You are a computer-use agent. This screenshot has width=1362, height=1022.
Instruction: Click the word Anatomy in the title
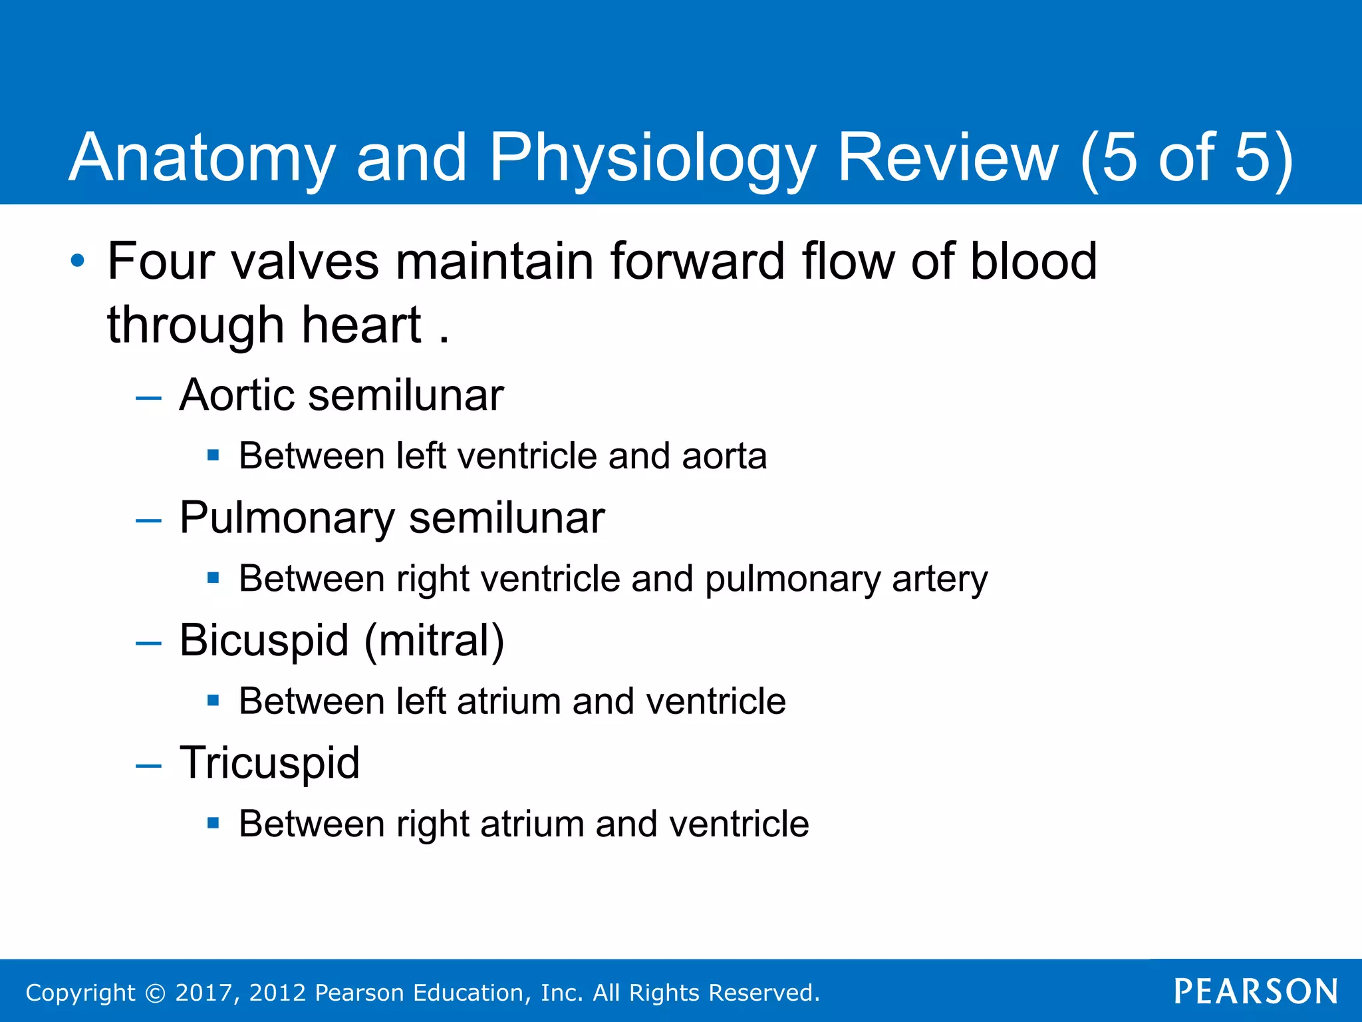pyautogui.click(x=202, y=158)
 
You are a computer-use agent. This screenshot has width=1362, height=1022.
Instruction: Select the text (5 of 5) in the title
pyautogui.click(x=1186, y=158)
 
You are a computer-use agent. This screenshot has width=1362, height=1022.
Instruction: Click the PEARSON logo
pyautogui.click(x=1256, y=991)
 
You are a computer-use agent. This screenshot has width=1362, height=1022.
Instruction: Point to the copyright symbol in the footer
pyautogui.click(x=155, y=993)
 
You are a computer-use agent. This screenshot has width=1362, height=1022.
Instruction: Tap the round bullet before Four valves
pyautogui.click(x=78, y=260)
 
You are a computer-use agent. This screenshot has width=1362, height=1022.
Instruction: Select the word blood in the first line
pyautogui.click(x=1033, y=261)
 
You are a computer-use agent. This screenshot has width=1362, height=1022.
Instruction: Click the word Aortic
pyautogui.click(x=236, y=395)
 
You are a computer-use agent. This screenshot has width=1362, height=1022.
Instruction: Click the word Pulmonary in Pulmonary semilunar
pyautogui.click(x=287, y=518)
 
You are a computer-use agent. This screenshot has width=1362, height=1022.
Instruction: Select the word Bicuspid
pyautogui.click(x=264, y=640)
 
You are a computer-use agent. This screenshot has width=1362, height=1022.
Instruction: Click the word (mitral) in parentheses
pyautogui.click(x=434, y=640)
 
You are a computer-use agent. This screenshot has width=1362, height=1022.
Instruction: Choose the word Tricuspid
pyautogui.click(x=269, y=763)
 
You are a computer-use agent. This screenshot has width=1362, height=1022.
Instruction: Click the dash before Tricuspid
pyautogui.click(x=148, y=766)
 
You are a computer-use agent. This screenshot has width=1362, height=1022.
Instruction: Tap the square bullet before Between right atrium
pyautogui.click(x=213, y=823)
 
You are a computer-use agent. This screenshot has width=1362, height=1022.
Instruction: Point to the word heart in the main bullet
pyautogui.click(x=361, y=325)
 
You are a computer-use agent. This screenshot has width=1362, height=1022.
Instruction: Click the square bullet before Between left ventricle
pyautogui.click(x=213, y=456)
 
